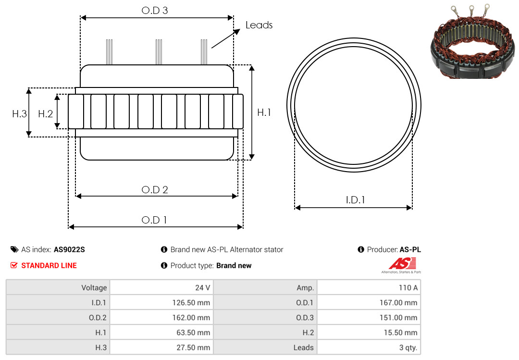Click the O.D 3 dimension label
pos(155,11)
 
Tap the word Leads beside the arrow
pos(259,25)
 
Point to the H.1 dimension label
pos(264,112)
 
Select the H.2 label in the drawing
pos(45,114)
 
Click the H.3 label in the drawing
pos(20,114)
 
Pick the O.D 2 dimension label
pos(155,190)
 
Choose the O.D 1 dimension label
pos(154,220)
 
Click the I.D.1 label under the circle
pos(355,200)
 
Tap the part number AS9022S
pos(69,250)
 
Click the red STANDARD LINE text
pos(49,266)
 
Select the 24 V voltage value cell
pos(161,287)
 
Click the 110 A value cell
pos(369,287)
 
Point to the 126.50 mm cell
pos(161,302)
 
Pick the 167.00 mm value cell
pos(369,302)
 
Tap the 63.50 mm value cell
pos(161,332)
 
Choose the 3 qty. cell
pos(369,348)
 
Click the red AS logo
pos(402,263)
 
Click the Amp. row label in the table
pos(305,288)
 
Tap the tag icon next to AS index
pos(14,249)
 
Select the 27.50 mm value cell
pos(161,348)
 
